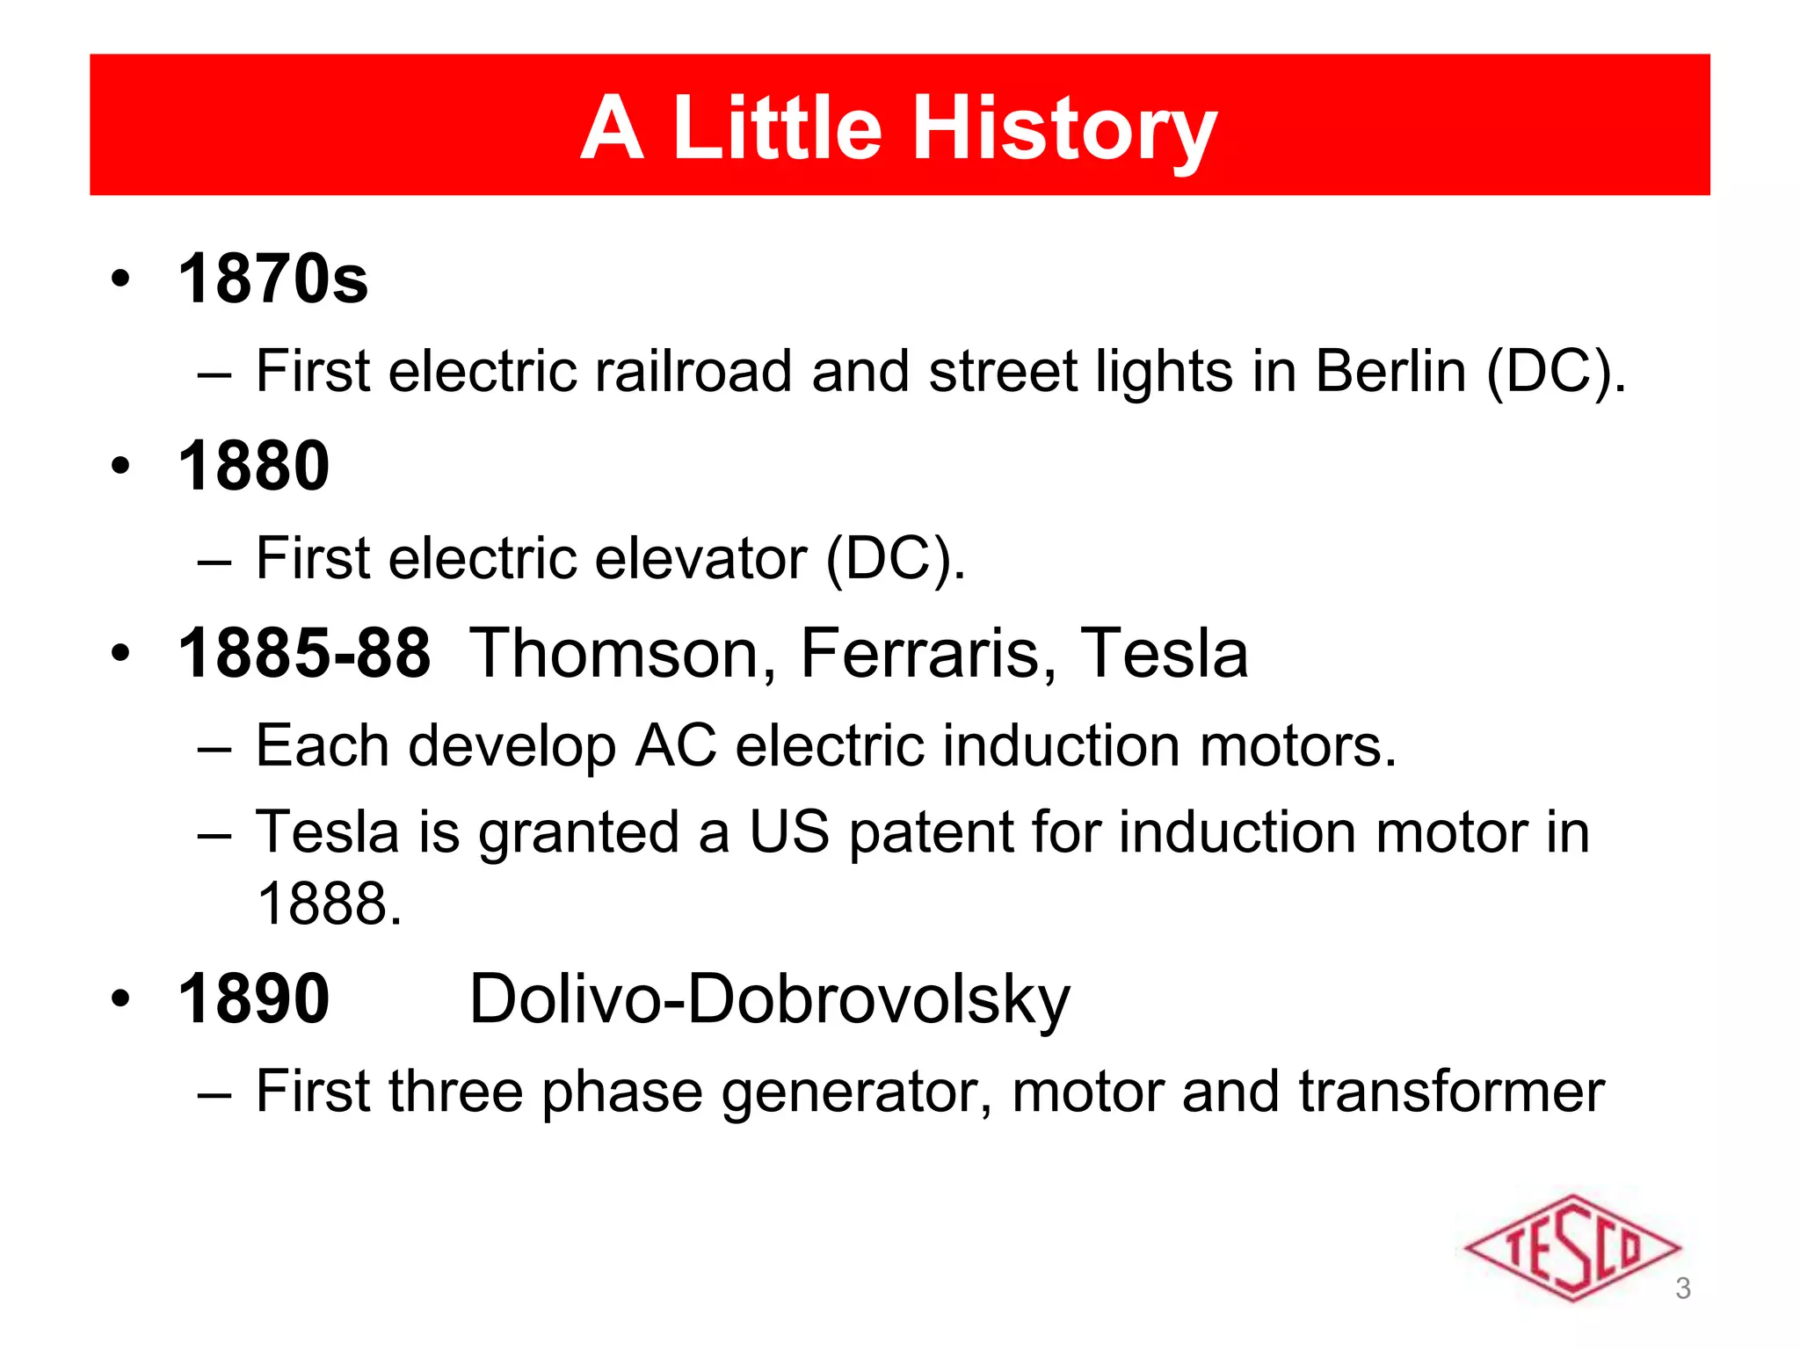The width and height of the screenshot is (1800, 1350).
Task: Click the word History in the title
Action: click(1064, 129)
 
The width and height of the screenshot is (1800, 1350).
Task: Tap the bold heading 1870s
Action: click(272, 279)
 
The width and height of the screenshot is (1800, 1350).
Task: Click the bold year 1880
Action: click(253, 466)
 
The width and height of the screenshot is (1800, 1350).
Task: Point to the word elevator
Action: click(700, 558)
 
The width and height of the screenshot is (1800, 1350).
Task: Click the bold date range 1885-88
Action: click(304, 653)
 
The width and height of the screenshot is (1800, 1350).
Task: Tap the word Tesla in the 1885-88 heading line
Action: click(1164, 653)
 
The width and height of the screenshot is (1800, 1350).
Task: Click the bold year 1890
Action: click(253, 998)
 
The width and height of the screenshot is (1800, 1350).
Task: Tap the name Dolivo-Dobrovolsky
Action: click(769, 1000)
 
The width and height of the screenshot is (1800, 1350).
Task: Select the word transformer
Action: click(1451, 1092)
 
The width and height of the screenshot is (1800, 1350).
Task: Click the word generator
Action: click(856, 1092)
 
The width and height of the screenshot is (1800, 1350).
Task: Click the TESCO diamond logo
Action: click(1571, 1248)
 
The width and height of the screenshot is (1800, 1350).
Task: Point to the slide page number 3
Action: click(1682, 1288)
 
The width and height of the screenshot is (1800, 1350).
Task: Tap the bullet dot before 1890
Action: click(120, 998)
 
